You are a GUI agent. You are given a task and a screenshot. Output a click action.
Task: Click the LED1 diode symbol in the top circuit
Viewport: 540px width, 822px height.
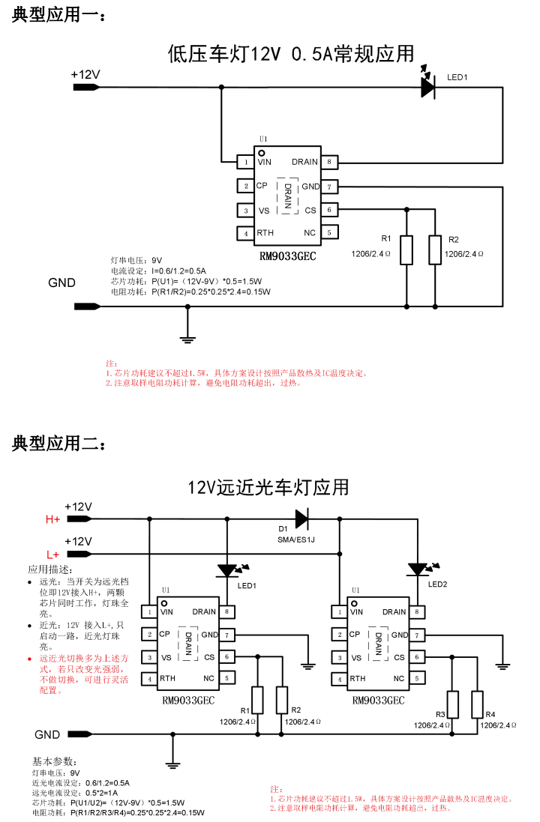428,88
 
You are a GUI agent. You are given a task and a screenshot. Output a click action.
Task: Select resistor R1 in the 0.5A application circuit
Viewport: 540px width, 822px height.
406,250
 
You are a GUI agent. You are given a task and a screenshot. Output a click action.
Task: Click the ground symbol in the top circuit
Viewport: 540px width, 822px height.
187,334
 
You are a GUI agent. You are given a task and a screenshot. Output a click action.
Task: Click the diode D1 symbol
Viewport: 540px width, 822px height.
301,518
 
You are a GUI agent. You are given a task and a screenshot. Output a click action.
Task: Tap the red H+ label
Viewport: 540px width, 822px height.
53,519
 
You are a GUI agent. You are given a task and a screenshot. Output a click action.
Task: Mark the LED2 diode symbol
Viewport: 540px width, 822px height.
416,569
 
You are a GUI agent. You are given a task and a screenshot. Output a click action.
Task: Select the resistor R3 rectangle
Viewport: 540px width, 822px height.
453,704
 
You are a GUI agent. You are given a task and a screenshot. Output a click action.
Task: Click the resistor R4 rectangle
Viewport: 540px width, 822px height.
477,704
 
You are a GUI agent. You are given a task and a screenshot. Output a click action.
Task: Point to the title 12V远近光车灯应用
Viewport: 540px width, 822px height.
268,487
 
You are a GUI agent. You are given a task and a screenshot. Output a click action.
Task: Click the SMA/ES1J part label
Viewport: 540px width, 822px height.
296,540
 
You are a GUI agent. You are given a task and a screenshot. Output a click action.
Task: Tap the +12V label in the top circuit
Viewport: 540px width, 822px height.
85,74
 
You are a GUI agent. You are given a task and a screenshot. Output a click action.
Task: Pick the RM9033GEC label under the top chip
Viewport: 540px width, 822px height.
287,256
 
